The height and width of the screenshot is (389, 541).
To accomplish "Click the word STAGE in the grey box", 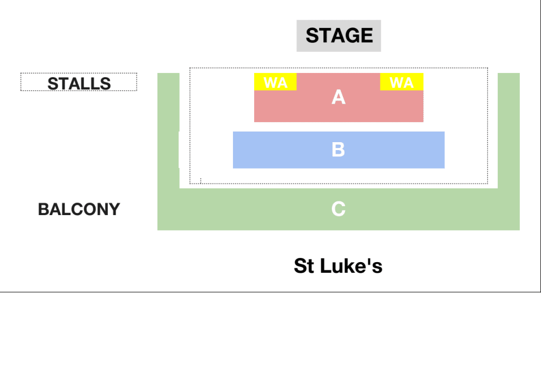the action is click(339, 35).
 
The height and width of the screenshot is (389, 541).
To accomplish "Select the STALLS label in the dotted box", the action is click(79, 84).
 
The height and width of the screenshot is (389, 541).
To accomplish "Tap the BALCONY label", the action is click(79, 209).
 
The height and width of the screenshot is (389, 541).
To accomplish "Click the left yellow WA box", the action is click(275, 82).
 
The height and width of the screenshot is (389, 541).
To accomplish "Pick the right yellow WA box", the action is click(402, 82).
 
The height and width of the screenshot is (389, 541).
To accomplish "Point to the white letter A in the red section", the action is click(339, 97).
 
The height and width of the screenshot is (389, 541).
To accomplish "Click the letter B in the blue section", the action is click(338, 150).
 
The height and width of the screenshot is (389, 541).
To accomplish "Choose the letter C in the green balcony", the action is click(339, 209).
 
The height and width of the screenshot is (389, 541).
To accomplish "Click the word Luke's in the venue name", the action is click(351, 266).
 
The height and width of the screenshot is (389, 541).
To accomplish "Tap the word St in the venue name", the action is click(304, 266).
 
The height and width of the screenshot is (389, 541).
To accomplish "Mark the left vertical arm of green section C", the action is click(169, 131).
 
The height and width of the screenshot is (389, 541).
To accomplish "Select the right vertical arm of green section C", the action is click(509, 131).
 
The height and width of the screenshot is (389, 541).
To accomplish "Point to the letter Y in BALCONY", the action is click(114, 209).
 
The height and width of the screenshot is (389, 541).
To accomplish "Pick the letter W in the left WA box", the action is click(270, 82).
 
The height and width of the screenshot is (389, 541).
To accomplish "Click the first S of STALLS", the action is click(53, 84).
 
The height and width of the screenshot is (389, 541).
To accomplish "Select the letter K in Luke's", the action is click(349, 266).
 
